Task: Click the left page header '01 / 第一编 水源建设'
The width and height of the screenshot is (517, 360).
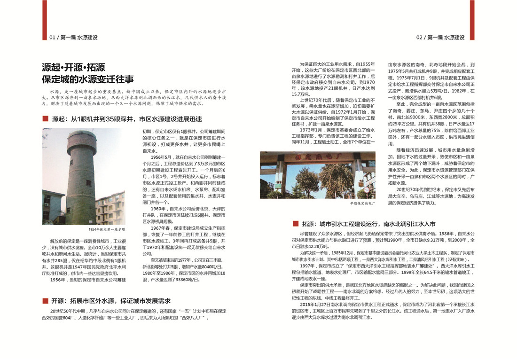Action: [73, 37]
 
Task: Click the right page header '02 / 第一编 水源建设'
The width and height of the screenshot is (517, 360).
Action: [440, 37]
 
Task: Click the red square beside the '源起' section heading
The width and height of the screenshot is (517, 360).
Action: [45, 119]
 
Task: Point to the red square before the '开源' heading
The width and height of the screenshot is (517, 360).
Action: [45, 301]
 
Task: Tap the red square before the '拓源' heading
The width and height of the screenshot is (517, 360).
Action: [295, 224]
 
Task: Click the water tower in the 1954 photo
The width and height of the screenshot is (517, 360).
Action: [80, 179]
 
